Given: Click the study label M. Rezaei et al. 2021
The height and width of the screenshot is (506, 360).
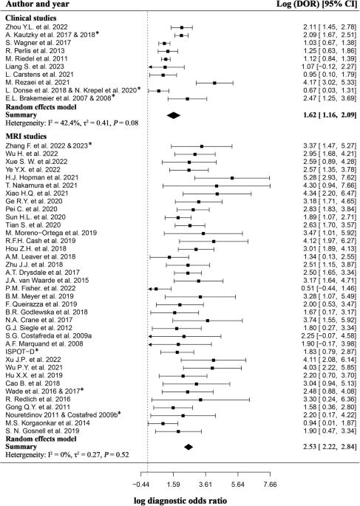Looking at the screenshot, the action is pos(37,83).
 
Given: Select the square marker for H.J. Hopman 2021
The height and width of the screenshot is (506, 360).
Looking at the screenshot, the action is pos(232,178).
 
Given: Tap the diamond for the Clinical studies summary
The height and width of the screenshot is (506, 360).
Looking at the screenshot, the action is pos(174,115).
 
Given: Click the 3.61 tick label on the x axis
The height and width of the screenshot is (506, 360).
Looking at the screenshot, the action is pos(206,485).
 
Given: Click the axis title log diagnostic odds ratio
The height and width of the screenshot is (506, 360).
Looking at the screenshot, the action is pos(180,501).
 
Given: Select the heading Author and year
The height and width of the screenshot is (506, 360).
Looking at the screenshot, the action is pos(37,4).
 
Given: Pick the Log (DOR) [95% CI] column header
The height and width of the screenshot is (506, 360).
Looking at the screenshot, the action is pos(316,4).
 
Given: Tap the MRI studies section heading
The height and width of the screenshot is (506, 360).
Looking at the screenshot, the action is pos(26,137).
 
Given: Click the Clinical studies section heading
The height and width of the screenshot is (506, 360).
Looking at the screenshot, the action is pos(30,18).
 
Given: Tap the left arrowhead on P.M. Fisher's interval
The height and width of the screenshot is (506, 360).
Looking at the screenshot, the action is pos(150,289).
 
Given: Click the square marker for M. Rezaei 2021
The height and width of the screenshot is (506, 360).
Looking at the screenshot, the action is pos(214,83).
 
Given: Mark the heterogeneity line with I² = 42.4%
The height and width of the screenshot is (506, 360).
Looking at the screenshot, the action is pos(72,123).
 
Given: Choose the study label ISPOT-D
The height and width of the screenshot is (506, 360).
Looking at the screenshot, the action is pos(22,352).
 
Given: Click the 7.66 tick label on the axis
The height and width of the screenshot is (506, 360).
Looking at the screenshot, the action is pos(271,485).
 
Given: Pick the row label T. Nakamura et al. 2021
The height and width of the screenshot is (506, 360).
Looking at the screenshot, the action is pos(41,185).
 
